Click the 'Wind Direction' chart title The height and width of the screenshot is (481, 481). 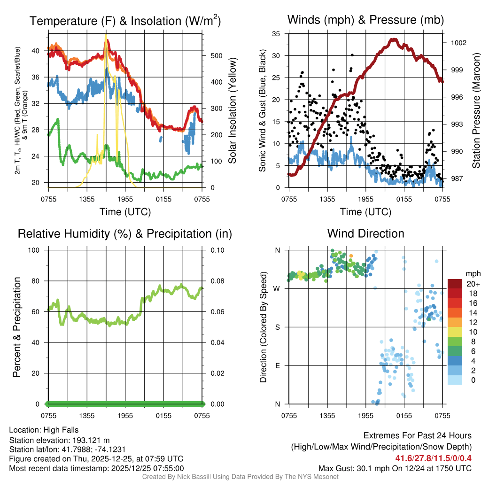click(365, 233)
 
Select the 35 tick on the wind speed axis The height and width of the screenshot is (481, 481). click(277, 34)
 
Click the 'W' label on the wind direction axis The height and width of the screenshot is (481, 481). click(277, 288)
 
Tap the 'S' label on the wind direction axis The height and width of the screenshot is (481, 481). click(278, 327)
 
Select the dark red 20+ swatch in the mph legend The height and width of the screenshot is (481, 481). click(454, 283)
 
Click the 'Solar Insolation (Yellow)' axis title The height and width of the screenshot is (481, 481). click(232, 111)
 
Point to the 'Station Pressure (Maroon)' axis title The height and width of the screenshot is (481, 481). click(475, 111)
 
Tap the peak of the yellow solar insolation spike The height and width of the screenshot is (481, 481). click(106, 35)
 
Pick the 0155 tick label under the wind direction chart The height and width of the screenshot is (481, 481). click(404, 415)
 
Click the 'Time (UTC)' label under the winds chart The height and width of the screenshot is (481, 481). click(365, 212)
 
